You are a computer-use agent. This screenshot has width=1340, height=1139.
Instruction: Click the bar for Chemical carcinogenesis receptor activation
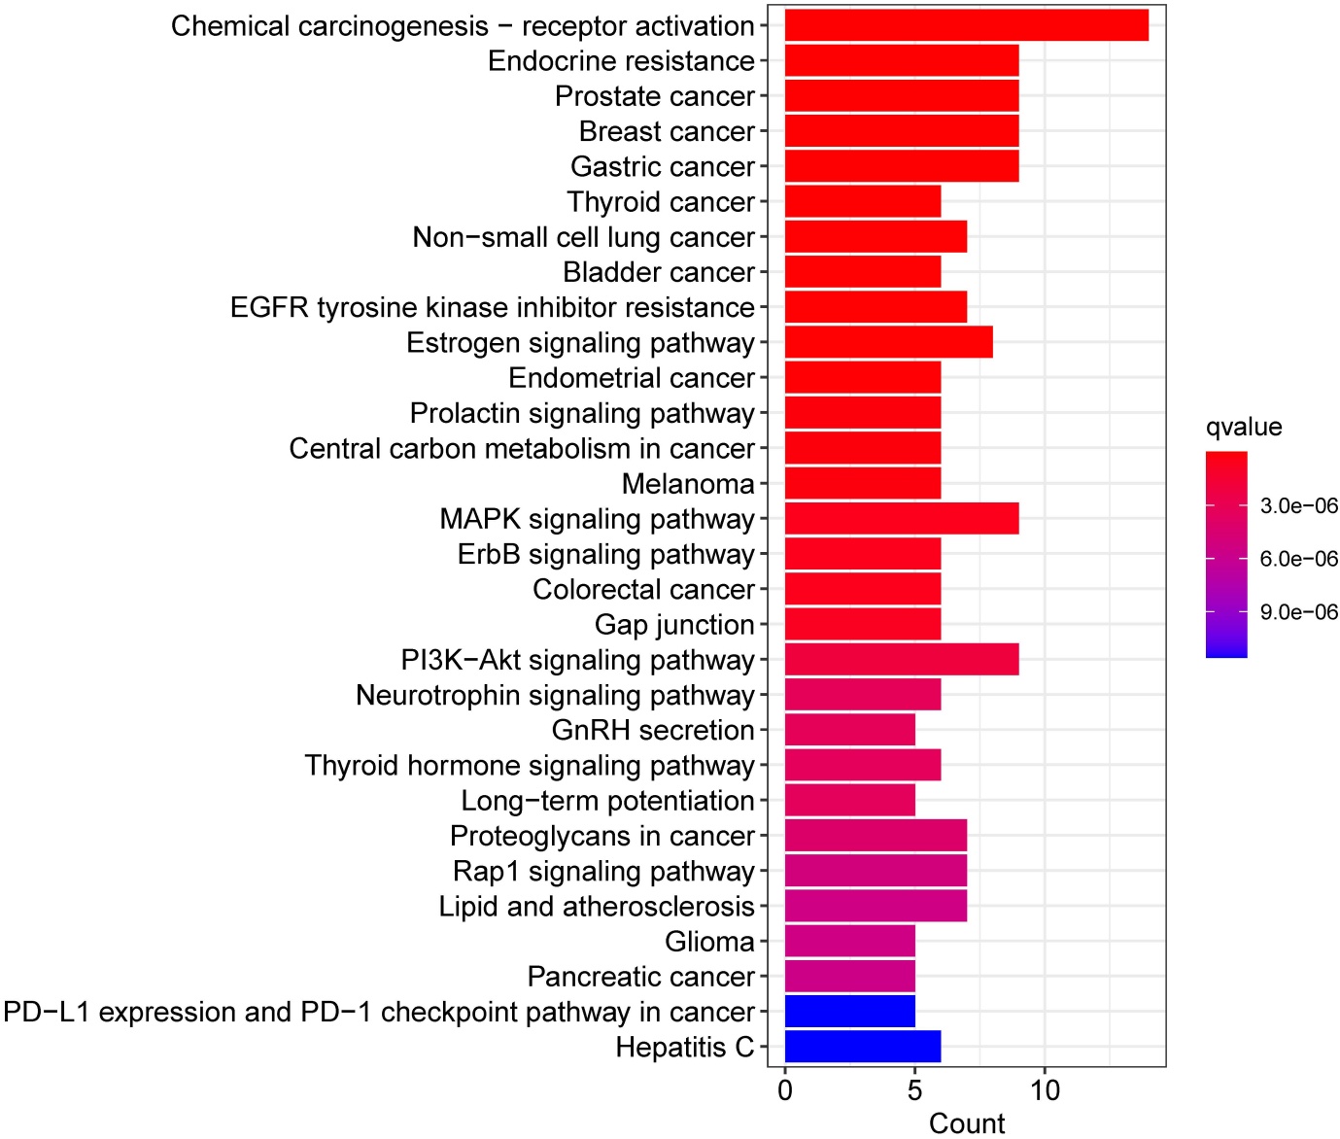pyautogui.click(x=966, y=25)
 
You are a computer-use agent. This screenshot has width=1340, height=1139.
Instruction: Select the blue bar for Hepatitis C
pyautogui.click(x=862, y=1047)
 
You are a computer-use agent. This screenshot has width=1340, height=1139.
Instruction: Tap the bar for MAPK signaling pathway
pyautogui.click(x=901, y=519)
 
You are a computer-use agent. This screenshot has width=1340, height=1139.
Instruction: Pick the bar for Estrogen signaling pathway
pyautogui.click(x=888, y=342)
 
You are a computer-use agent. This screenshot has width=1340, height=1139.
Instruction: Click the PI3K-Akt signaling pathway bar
pyautogui.click(x=901, y=660)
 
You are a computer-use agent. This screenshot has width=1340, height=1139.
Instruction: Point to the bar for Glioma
pyautogui.click(x=849, y=941)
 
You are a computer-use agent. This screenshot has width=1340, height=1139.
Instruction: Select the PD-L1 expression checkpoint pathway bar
pyautogui.click(x=849, y=1012)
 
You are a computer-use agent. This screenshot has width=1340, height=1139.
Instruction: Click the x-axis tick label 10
pyautogui.click(x=1045, y=1090)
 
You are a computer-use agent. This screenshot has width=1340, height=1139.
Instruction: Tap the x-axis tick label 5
pyautogui.click(x=914, y=1090)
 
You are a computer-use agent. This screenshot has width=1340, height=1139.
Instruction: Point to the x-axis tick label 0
pyautogui.click(x=785, y=1090)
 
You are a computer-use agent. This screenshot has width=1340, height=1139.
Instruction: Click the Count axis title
pyautogui.click(x=966, y=1123)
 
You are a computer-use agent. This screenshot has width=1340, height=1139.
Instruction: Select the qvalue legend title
pyautogui.click(x=1244, y=427)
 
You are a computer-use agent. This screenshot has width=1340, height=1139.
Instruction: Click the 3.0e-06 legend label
pyautogui.click(x=1298, y=505)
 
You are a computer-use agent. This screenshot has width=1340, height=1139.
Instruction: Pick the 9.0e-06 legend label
pyautogui.click(x=1298, y=612)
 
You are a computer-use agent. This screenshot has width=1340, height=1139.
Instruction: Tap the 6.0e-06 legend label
pyautogui.click(x=1298, y=559)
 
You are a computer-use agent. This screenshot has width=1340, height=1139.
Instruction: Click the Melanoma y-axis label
pyautogui.click(x=688, y=484)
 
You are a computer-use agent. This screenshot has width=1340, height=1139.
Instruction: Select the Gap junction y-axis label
pyautogui.click(x=674, y=625)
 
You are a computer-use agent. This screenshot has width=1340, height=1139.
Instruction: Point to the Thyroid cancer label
pyautogui.click(x=661, y=202)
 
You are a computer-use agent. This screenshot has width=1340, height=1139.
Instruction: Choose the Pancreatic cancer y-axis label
pyautogui.click(x=640, y=977)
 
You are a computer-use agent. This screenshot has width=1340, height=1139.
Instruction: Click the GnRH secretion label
pyautogui.click(x=653, y=730)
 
